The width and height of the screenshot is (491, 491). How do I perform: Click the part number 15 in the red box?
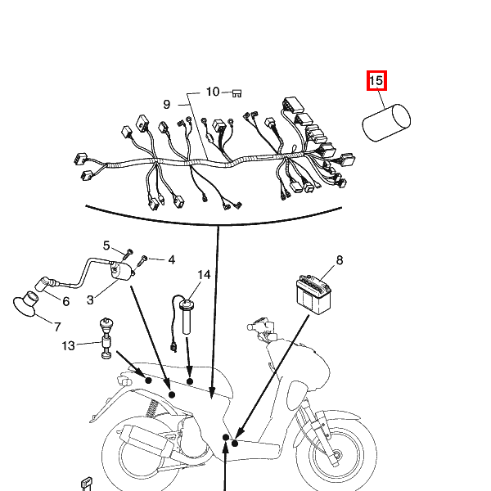tap(376, 81)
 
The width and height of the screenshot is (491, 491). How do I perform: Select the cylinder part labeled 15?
tap(386, 123)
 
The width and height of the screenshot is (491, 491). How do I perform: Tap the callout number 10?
tap(213, 92)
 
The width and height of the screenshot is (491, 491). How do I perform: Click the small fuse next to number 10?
tap(237, 93)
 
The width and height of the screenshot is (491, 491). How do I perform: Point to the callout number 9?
tap(167, 104)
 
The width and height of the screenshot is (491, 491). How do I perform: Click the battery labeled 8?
tap(313, 295)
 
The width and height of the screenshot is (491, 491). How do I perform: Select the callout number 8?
tap(340, 260)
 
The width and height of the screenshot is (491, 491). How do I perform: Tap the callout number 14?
tap(204, 275)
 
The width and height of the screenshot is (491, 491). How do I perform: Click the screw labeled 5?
tap(127, 254)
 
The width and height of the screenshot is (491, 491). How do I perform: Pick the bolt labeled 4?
tap(142, 261)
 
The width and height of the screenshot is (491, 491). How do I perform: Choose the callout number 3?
tap(90, 300)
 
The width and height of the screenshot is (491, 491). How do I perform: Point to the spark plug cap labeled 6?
tap(43, 284)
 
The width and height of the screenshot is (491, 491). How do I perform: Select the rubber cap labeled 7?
tap(25, 304)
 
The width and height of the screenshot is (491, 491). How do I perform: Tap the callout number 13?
tap(68, 345)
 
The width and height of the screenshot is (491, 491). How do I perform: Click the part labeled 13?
tap(106, 338)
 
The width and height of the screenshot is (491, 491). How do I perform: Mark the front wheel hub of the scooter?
tap(336, 455)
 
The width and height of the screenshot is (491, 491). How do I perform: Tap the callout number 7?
tap(57, 327)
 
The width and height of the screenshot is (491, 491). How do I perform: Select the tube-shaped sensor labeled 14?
tap(187, 316)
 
